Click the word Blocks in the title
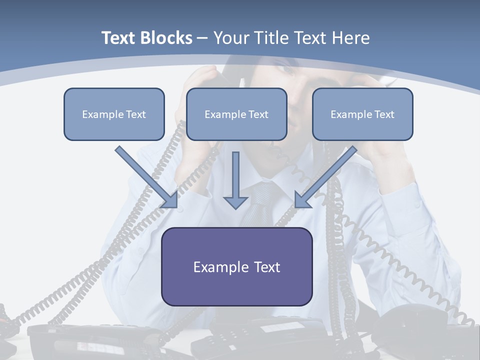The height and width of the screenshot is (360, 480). click(x=167, y=38)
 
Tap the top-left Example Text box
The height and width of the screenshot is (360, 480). click(x=114, y=114)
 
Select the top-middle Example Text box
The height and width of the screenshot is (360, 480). click(x=236, y=114)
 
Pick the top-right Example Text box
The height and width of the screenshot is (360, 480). click(x=362, y=114)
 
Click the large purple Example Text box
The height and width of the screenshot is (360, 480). click(x=236, y=266)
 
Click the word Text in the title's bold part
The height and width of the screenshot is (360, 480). click(x=119, y=38)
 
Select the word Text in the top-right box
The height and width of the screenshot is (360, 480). click(x=384, y=114)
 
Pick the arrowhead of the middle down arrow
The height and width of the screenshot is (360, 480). click(x=235, y=201)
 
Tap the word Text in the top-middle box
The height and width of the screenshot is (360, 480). click(x=258, y=114)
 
